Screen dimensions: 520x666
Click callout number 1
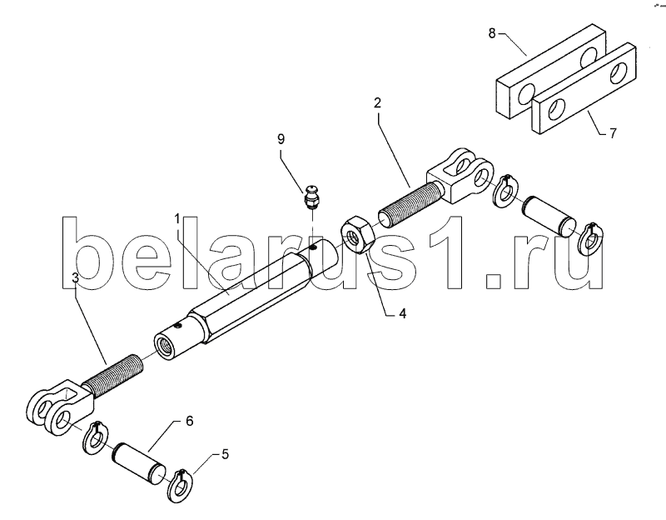point(177,218)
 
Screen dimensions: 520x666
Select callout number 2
point(377,103)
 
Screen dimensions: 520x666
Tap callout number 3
point(75,278)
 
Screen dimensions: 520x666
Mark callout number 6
point(189,422)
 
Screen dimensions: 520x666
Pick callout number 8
point(491,33)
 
